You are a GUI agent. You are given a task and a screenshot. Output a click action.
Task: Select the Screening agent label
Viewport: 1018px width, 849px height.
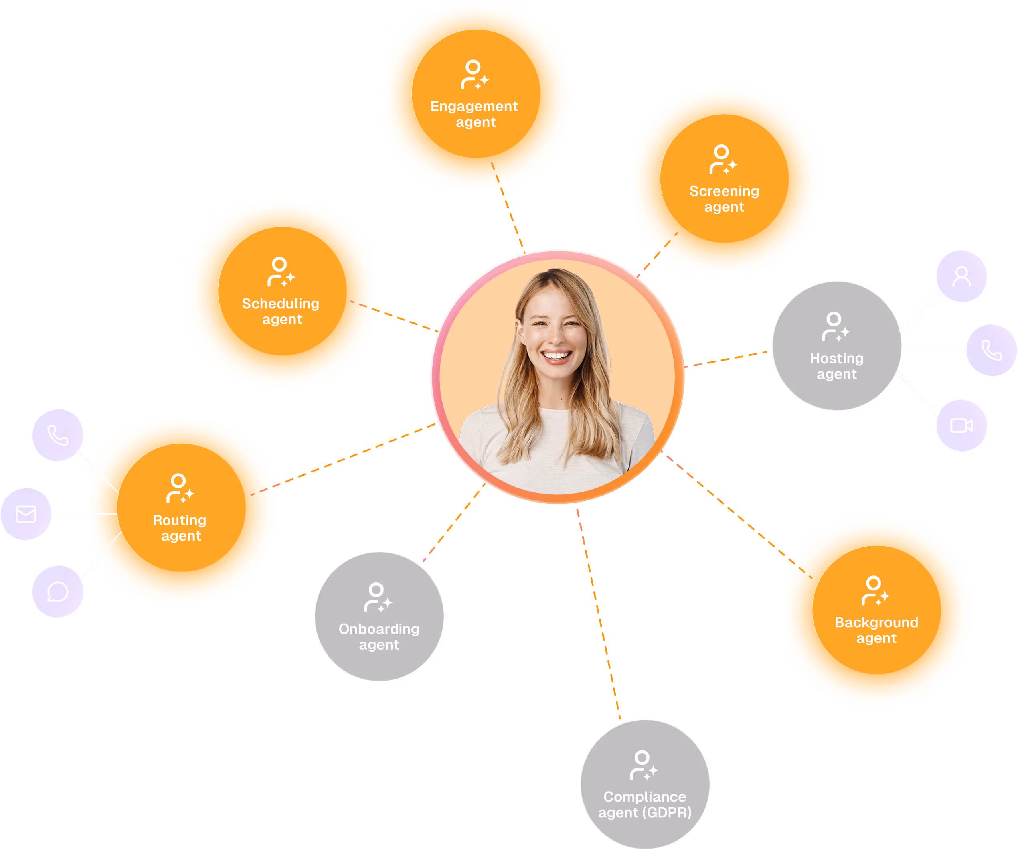(x=724, y=199)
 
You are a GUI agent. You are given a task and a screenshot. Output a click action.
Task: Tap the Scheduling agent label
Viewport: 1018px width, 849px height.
(x=281, y=311)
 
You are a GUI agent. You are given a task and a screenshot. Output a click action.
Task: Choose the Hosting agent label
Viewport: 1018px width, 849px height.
(x=837, y=366)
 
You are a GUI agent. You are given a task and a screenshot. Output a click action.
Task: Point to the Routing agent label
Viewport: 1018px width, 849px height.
(x=180, y=527)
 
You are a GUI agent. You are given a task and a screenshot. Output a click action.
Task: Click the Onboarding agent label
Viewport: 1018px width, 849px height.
(x=379, y=636)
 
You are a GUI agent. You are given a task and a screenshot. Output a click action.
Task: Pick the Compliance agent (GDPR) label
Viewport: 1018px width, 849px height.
(x=645, y=804)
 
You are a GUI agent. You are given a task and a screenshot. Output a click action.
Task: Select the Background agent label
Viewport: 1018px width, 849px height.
(x=876, y=630)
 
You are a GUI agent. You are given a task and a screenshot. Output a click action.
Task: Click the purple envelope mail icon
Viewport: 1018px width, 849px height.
(x=26, y=514)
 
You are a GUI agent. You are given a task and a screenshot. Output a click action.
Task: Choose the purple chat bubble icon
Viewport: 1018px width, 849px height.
(x=58, y=592)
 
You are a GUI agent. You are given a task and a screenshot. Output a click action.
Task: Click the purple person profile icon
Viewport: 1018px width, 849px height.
(x=961, y=276)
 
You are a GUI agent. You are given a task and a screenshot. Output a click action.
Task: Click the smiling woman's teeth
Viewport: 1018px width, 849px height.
(x=557, y=355)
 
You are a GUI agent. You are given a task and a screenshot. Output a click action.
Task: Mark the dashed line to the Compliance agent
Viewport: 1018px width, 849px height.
(x=599, y=616)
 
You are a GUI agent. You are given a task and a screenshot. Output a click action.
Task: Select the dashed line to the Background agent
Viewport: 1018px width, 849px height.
(x=727, y=507)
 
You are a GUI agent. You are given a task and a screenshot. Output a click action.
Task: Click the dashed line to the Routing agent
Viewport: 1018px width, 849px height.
(x=354, y=455)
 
